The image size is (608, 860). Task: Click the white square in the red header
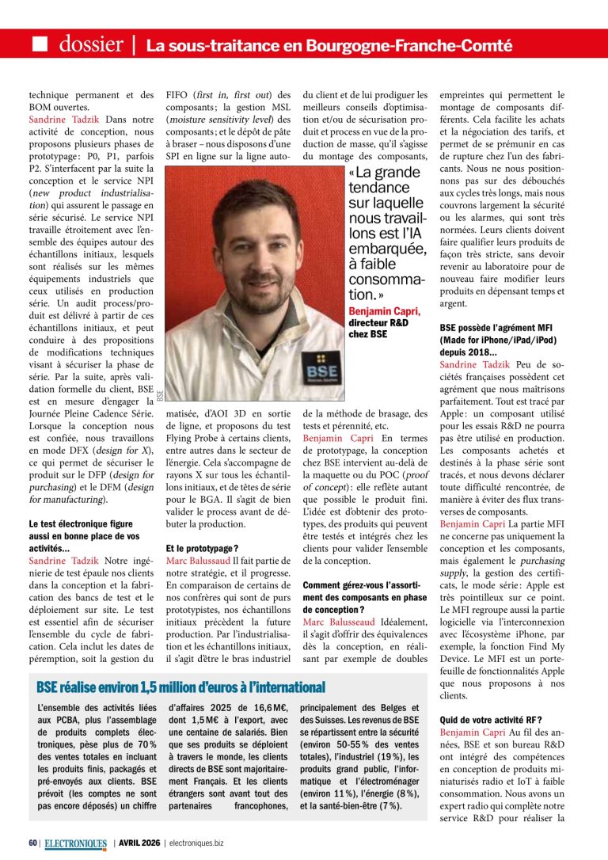[x=40, y=44]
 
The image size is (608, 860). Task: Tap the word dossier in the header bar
[x=90, y=44]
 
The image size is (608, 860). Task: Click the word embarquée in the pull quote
[x=387, y=249]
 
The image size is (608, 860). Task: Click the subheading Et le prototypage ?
[x=202, y=548]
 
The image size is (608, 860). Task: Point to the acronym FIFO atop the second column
[x=178, y=95]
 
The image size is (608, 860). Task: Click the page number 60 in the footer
[x=32, y=843]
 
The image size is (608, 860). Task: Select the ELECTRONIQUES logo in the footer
[x=74, y=843]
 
